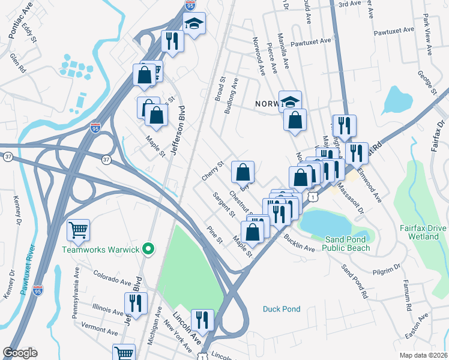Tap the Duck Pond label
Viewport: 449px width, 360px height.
(282, 310)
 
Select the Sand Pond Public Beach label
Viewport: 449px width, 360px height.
(350, 244)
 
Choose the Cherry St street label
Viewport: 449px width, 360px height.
(212, 170)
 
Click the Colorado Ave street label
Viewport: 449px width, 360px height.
(112, 277)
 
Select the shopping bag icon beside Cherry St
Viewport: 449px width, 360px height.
(243, 172)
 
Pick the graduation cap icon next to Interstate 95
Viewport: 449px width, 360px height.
(194, 23)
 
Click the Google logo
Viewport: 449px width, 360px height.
(20, 353)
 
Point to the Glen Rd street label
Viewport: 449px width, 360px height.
(18, 62)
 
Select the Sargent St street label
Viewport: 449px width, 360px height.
(223, 204)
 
